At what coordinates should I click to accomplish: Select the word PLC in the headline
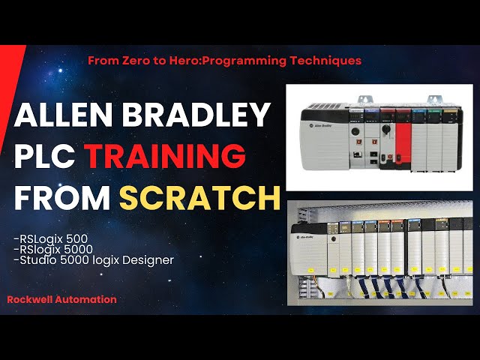tap(46, 157)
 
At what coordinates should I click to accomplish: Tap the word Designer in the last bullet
tap(148, 260)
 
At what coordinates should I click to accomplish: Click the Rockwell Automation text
tap(61, 299)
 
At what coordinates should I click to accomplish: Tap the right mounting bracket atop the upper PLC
tap(433, 99)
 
